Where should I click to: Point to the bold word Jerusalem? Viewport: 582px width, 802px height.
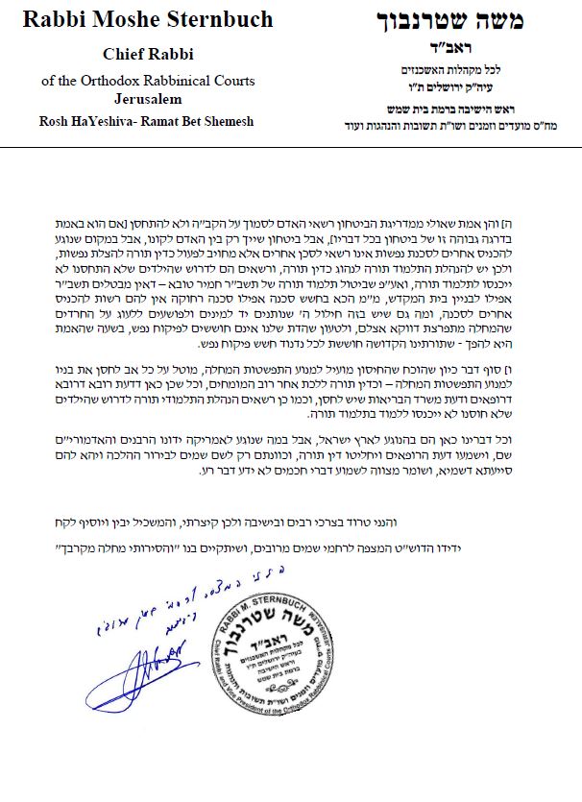(x=144, y=98)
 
